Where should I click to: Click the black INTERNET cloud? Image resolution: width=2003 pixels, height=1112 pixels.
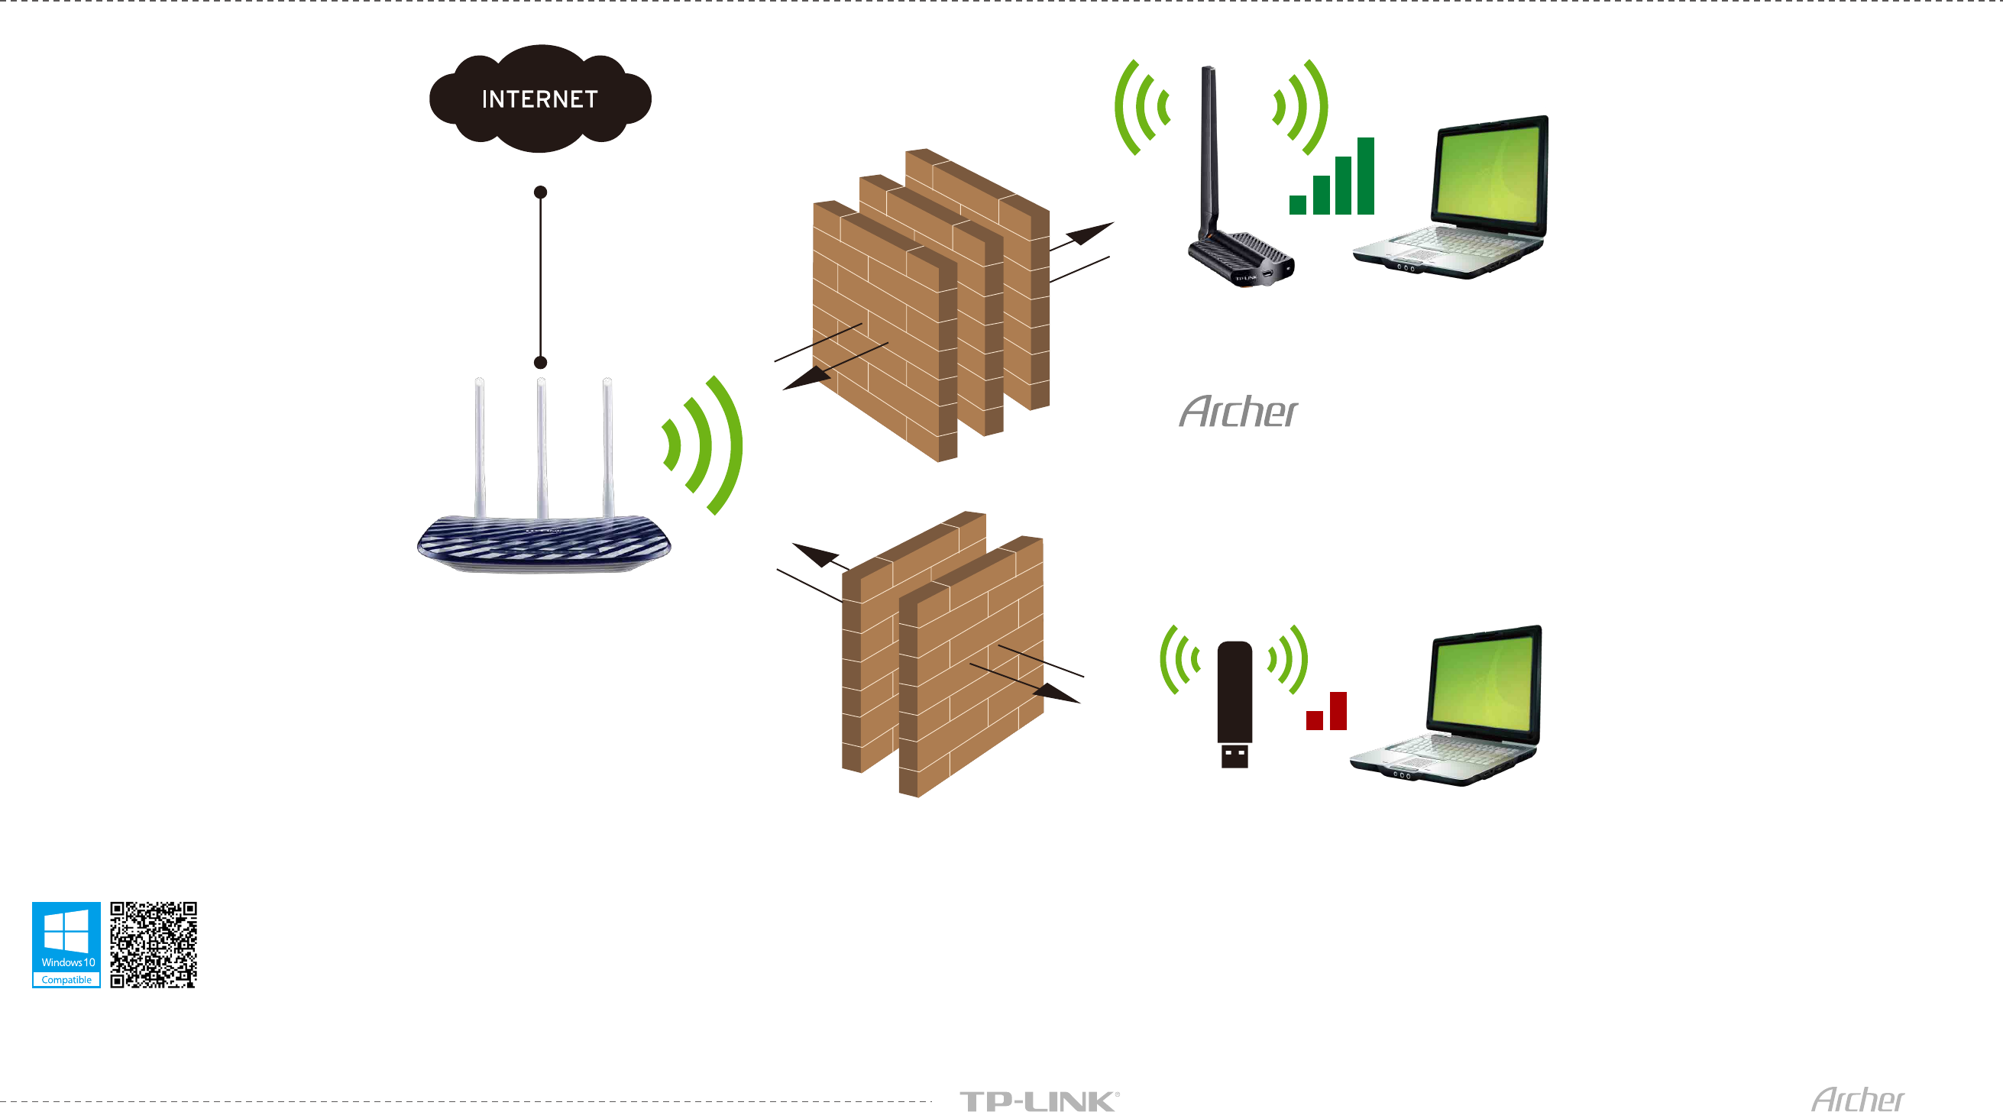539,98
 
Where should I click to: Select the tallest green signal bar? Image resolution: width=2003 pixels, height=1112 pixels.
1365,176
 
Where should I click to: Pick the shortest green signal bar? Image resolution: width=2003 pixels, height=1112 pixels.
1297,205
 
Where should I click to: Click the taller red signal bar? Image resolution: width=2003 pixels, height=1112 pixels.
1338,711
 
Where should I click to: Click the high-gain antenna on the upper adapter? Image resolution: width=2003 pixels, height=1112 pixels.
1209,147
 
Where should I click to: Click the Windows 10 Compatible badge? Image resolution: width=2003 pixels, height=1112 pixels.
66,944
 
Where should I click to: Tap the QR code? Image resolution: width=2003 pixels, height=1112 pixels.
154,944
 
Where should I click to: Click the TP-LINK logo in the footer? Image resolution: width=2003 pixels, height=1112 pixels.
1039,1101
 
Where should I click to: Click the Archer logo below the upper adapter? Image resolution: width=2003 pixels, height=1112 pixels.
1238,412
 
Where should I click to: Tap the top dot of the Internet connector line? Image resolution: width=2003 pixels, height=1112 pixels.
540,192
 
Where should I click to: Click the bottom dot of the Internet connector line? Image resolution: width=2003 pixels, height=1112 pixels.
540,362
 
